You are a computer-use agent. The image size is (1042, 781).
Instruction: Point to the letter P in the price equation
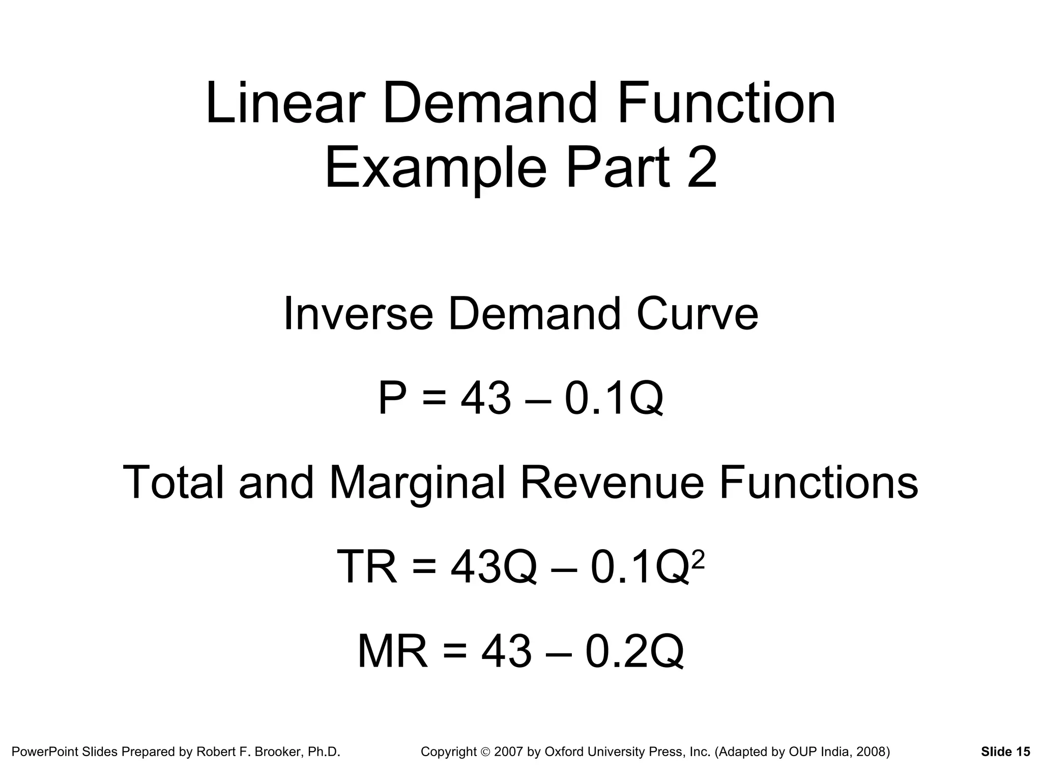pyautogui.click(x=393, y=399)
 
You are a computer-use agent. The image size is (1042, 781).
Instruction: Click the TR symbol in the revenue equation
pyautogui.click(x=366, y=567)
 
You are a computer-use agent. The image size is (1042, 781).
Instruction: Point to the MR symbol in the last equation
pyautogui.click(x=392, y=651)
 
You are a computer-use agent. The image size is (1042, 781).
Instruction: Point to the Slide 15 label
pyautogui.click(x=1005, y=752)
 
